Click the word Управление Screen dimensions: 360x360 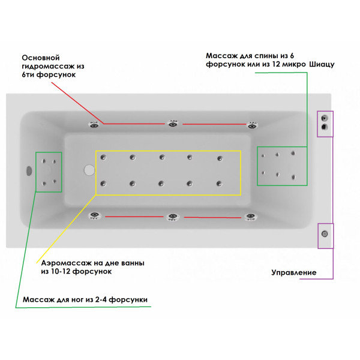[295, 273]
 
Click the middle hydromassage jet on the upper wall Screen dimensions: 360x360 [173, 124]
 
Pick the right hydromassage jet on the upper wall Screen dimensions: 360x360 [252, 125]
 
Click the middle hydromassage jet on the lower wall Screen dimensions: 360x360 [173, 217]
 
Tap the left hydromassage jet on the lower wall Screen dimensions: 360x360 [94, 216]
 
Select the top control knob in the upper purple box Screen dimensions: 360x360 [325, 118]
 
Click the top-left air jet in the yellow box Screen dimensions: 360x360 [104, 157]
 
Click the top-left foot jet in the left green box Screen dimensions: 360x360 [44, 160]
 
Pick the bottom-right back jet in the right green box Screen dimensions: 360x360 [294, 176]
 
